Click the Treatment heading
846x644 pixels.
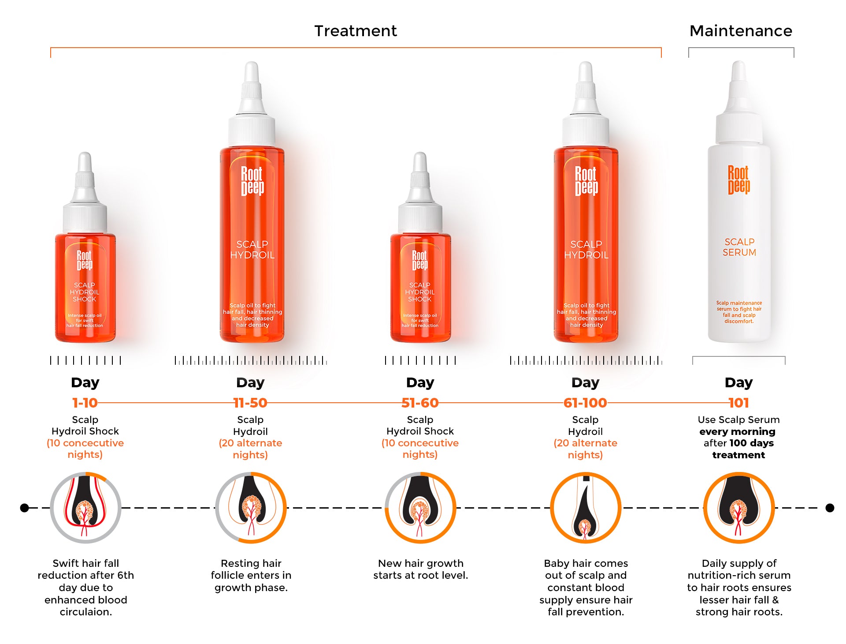[x=356, y=31]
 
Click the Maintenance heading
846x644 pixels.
[x=741, y=31]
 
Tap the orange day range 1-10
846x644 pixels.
[x=85, y=403]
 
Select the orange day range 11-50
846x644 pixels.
[x=250, y=403]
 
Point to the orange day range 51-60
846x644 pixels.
[x=420, y=403]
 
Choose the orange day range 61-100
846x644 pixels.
[x=585, y=403]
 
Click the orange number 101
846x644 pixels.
[x=739, y=403]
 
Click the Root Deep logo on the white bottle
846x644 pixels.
[x=739, y=180]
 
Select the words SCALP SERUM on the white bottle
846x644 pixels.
[x=739, y=247]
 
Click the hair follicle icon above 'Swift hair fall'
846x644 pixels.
[x=85, y=508]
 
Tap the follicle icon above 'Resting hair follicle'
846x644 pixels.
[x=251, y=508]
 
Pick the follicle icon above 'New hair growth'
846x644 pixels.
[x=420, y=508]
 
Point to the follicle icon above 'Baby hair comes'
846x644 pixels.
[x=586, y=508]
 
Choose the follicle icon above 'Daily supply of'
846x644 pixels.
[x=739, y=508]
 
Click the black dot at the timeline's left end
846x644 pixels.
[x=25, y=508]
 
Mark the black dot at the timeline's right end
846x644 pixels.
[x=830, y=508]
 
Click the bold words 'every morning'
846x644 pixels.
[x=737, y=431]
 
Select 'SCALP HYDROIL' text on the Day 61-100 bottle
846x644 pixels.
[x=586, y=250]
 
